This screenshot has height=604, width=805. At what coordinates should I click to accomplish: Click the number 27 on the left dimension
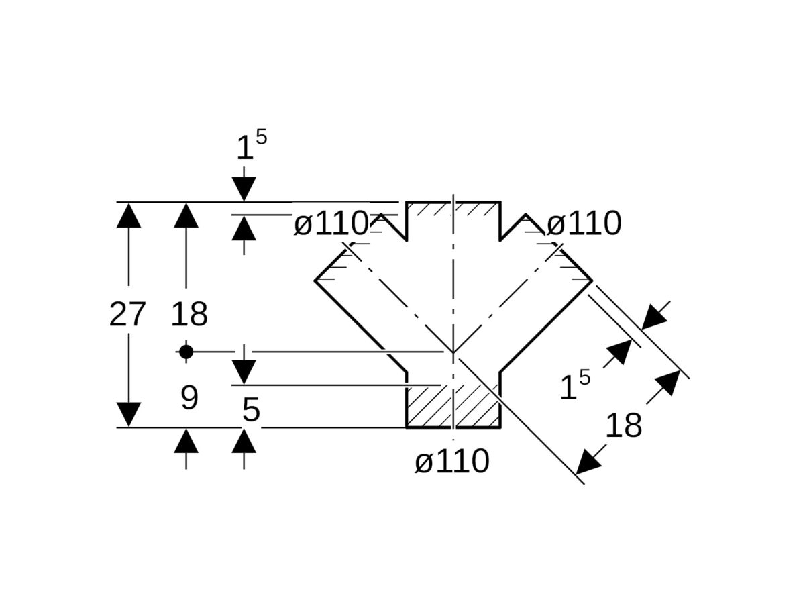[x=127, y=314]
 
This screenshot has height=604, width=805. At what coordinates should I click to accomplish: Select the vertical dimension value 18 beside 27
[x=189, y=314]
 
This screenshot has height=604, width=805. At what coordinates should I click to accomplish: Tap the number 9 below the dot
[x=189, y=399]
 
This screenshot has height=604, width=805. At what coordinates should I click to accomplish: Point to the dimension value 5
[x=251, y=410]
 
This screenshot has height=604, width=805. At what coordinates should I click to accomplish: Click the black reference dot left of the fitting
[x=186, y=351]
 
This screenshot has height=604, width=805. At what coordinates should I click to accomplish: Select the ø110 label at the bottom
[x=452, y=462]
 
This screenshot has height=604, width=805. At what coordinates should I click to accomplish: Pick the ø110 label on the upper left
[x=331, y=223]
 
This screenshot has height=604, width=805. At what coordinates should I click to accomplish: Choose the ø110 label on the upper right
[x=584, y=223]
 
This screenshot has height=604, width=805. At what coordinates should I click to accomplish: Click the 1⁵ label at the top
[x=251, y=146]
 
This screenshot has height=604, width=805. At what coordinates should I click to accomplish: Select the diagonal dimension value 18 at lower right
[x=623, y=425]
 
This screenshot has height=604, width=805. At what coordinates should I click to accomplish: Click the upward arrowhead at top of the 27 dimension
[x=129, y=215]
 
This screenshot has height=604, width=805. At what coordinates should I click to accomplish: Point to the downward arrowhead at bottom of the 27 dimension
[x=129, y=414]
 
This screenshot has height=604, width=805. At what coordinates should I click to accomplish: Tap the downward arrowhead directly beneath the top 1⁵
[x=244, y=189]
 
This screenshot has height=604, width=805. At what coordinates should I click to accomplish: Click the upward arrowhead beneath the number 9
[x=186, y=441]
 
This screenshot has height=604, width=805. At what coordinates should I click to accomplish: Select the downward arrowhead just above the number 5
[x=244, y=371]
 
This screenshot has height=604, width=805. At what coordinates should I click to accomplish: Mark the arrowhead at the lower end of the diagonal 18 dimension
[x=588, y=462]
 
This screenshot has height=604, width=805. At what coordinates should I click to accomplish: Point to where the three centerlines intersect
[x=453, y=352]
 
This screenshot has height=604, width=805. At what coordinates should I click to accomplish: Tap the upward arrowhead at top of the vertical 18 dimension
[x=186, y=215]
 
